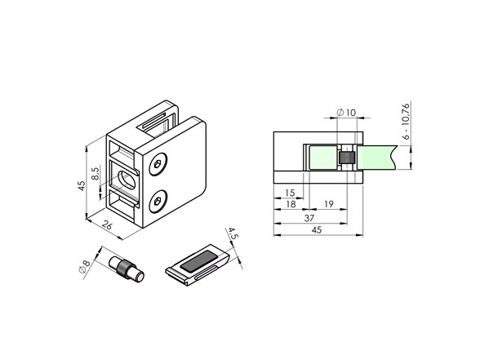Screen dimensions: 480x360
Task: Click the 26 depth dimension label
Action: point(107,225)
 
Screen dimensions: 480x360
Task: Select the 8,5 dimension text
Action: point(96,174)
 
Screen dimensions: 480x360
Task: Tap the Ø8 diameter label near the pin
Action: point(84,266)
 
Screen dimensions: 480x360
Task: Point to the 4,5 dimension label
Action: point(233,233)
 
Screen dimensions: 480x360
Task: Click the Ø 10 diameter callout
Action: point(346,113)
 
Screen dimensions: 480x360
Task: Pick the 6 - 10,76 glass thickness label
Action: point(406,121)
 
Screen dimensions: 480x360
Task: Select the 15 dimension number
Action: point(290,193)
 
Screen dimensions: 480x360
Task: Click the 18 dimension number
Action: point(291,204)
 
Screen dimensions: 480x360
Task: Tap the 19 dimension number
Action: point(328,204)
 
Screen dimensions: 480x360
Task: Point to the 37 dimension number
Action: point(309,218)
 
